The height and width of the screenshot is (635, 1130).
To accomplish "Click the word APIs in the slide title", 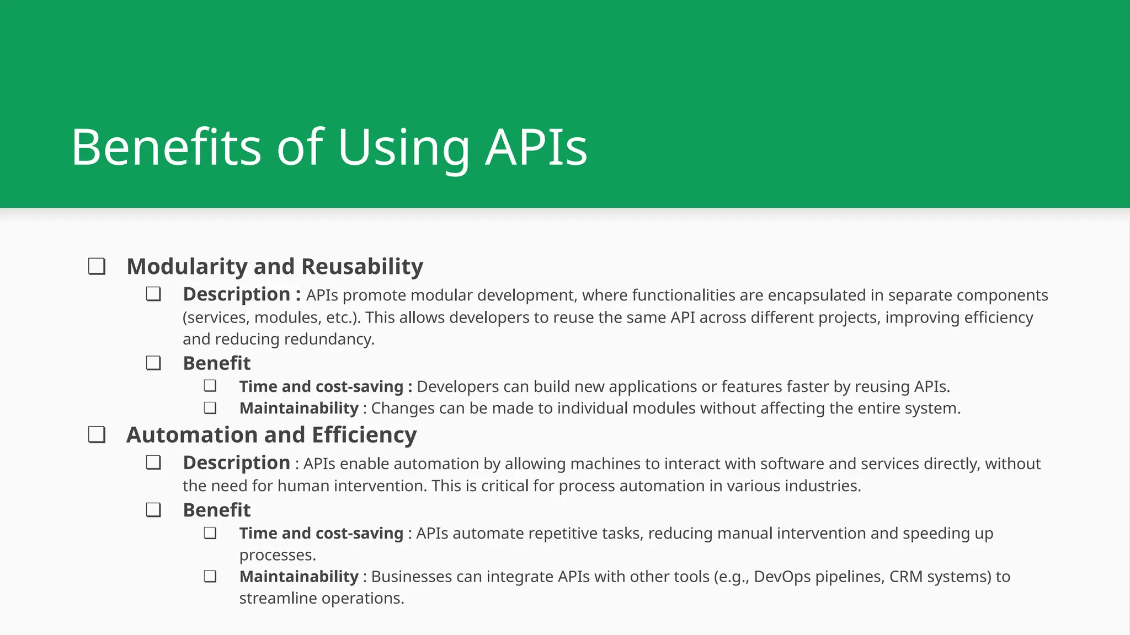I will pos(536,147).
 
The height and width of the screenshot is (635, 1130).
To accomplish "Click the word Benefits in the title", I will pos(166,147).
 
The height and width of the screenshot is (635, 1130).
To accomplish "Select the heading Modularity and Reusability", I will pos(275,267).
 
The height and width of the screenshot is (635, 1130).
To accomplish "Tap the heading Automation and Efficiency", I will pos(271,435).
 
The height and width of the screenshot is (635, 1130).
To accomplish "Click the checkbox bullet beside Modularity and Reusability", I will pos(97,267).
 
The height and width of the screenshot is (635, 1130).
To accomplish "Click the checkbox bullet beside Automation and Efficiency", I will pos(97,435).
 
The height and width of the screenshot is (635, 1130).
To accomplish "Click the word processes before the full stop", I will pos(276,555).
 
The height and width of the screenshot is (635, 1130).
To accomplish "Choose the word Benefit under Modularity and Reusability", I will pos(217,363).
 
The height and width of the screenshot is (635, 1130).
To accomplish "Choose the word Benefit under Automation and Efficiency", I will pos(217,510).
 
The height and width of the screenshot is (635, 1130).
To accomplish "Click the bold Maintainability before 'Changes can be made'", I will pos(299,408).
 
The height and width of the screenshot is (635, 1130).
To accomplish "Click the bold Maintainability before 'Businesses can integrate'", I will pos(299,577).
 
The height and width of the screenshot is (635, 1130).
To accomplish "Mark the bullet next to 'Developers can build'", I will pos(210,386).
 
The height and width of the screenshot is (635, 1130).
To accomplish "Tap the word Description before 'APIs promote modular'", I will pos(236,294).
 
